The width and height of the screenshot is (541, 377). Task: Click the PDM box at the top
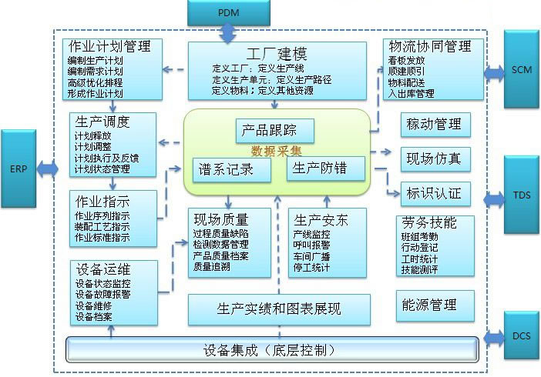(x=228, y=13)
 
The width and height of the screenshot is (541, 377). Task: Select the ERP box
(x=18, y=168)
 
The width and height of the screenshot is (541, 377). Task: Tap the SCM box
(x=522, y=70)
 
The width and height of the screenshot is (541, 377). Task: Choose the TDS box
(x=522, y=196)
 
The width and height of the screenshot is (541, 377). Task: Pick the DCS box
(x=522, y=336)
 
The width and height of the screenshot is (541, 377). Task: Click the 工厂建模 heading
(x=277, y=55)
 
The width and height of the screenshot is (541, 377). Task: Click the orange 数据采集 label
(x=277, y=151)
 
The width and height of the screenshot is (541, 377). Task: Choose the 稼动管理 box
(x=434, y=123)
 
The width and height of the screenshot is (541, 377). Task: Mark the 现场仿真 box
(x=434, y=158)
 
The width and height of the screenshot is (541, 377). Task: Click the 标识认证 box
(x=434, y=193)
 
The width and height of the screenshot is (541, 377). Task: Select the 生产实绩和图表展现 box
(x=278, y=309)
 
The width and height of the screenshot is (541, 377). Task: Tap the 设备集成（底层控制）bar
(x=270, y=350)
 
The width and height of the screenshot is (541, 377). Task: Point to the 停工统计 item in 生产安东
(x=311, y=268)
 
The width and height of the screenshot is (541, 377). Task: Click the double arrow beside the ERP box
(x=48, y=168)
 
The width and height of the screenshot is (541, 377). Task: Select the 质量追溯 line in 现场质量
(x=212, y=266)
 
